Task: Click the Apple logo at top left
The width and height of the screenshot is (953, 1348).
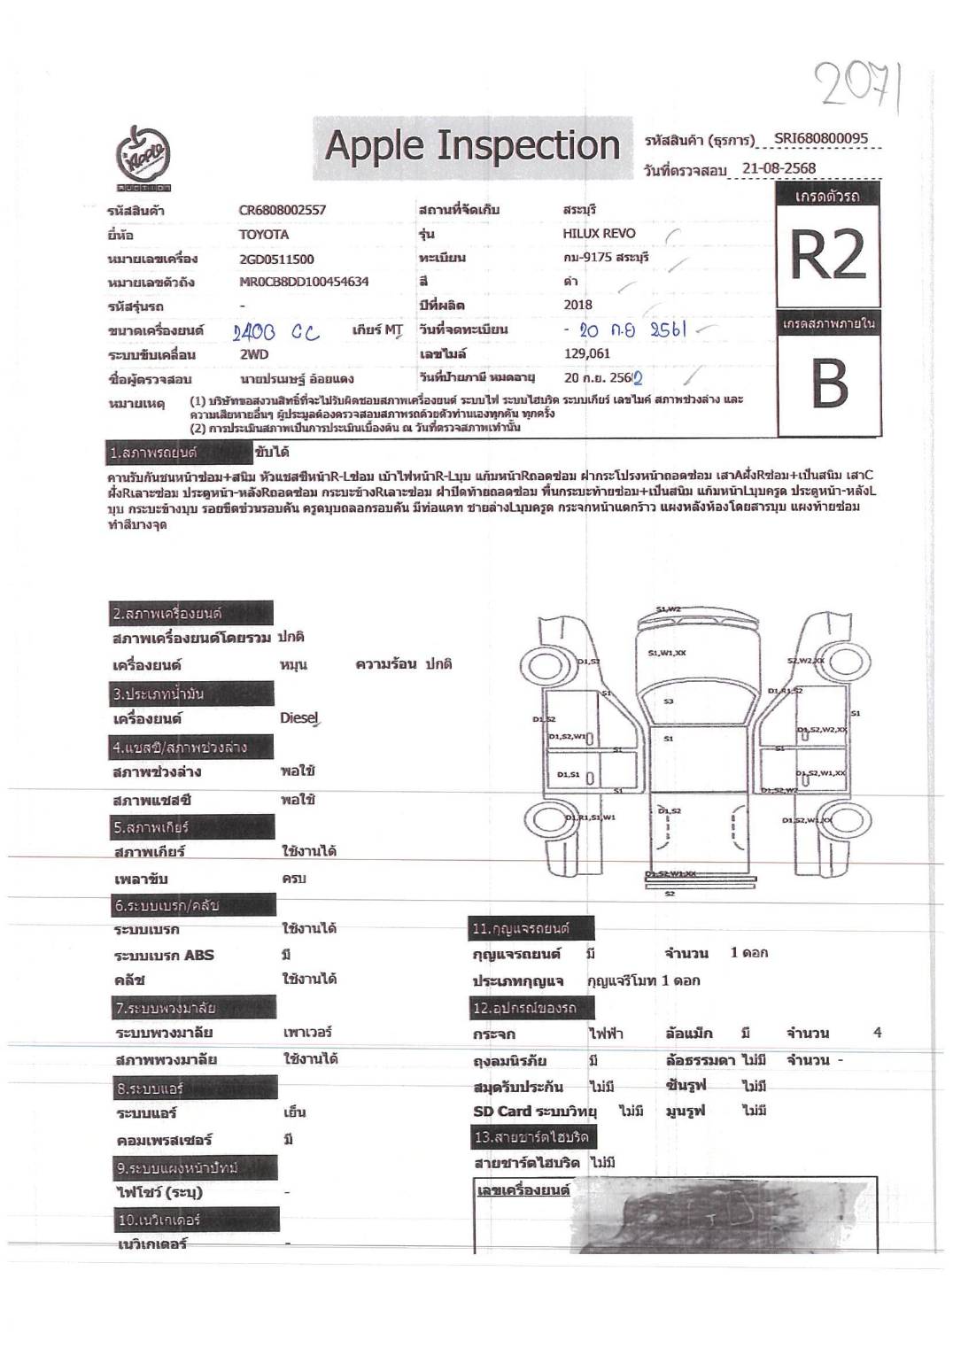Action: pos(144,158)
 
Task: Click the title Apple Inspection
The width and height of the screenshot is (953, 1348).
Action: pos(472,144)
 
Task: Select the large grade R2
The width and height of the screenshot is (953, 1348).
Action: pos(827,255)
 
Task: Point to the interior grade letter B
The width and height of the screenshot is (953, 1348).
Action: pos(829,385)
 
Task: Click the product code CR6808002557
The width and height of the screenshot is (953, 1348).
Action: pos(282,210)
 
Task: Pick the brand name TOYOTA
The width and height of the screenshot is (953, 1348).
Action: pos(264,235)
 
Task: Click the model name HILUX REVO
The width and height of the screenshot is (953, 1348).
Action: pos(599,234)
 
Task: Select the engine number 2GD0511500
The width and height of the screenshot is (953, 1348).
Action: pos(276,259)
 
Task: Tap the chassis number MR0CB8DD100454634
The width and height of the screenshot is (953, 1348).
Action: pos(304,283)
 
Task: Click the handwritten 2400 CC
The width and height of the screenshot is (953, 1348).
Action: pos(276,333)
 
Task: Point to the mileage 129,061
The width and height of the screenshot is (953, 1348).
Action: pos(586,354)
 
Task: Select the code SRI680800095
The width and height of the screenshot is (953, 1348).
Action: pos(821,138)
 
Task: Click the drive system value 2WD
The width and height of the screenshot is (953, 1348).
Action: pos(254,354)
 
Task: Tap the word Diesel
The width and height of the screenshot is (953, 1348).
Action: pos(298,717)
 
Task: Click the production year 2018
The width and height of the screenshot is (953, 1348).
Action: pos(577,305)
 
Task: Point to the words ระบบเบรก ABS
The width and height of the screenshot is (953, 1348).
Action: pos(164,955)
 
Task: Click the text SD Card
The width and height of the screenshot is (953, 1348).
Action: pos(502,1112)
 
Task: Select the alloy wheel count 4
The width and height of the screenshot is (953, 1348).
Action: pos(877,1033)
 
